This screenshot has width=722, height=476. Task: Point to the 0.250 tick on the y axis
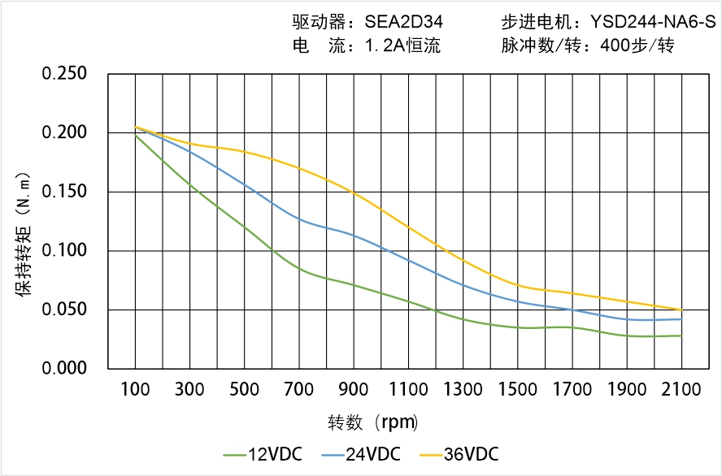coord(64,74)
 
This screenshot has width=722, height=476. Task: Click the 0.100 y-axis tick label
coord(64,250)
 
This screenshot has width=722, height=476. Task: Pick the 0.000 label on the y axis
coord(64,368)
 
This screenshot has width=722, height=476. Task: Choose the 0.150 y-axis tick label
coord(64,192)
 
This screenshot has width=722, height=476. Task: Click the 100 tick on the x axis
coord(135,390)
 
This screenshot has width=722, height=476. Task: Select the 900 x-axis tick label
coord(354,390)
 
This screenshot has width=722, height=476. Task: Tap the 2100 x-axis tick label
coord(681,390)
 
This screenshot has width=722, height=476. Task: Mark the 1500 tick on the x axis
coord(518,390)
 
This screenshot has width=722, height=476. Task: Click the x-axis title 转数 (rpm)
coord(373,422)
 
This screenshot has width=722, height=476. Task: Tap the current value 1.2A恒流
coord(402,45)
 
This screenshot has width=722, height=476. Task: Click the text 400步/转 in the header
coord(638,45)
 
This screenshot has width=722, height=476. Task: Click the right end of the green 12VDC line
coord(681,335)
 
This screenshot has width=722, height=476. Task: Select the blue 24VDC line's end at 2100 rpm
coord(681,319)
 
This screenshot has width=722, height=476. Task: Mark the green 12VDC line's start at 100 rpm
coord(135,135)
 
